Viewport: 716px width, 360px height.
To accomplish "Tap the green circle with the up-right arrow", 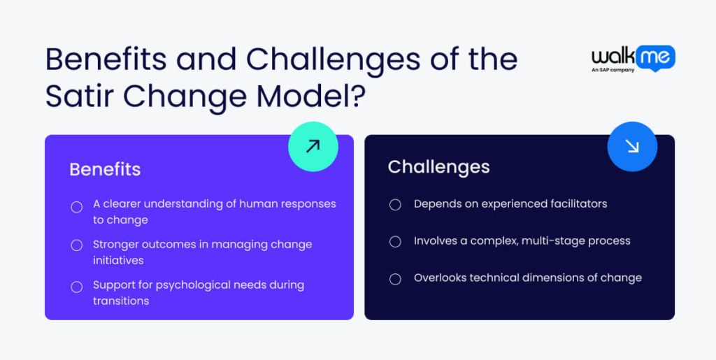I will tap(313, 146).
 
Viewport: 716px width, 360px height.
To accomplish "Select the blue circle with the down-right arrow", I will tap(632, 146).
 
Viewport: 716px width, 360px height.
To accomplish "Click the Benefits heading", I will tap(105, 169).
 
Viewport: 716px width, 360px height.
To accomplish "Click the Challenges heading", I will tap(438, 166).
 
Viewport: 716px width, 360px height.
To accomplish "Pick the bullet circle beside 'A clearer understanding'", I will tap(77, 207).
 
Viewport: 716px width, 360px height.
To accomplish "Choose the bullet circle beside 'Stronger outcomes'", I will tap(77, 245).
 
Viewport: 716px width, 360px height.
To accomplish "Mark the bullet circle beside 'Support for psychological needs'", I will tap(77, 286).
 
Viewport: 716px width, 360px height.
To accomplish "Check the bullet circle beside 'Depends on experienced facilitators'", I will tap(395, 204).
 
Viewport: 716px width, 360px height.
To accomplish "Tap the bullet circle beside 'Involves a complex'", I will tap(395, 241).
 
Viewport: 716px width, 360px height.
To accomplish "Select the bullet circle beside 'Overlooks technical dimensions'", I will tap(395, 278).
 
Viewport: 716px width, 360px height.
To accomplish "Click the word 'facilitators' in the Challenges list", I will tap(575, 204).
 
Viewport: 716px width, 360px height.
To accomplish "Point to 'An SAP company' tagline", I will tap(613, 70).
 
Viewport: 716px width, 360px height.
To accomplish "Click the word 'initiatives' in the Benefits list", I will tap(118, 260).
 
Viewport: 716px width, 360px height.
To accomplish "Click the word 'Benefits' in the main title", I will tap(104, 59).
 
